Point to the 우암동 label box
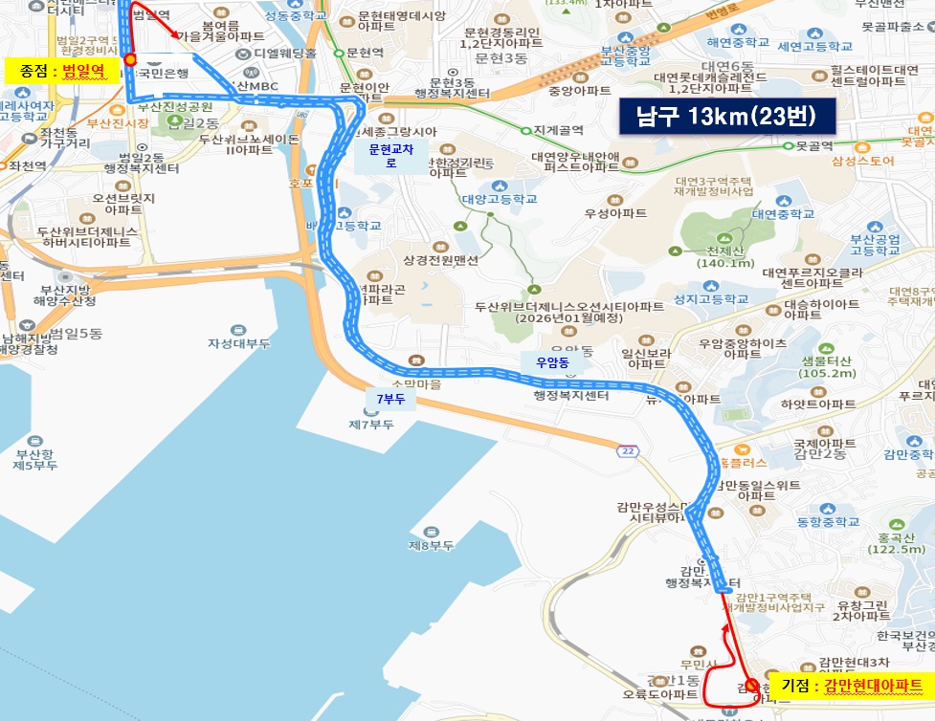pos(551,362)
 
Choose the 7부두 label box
pos(390,398)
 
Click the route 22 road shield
pos(629,450)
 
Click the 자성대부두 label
pos(240,342)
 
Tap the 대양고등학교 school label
pos(499,199)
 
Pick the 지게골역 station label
pos(557,130)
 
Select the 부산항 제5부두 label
pos(36,459)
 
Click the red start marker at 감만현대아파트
pos(752,685)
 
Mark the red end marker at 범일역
pos(130,59)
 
